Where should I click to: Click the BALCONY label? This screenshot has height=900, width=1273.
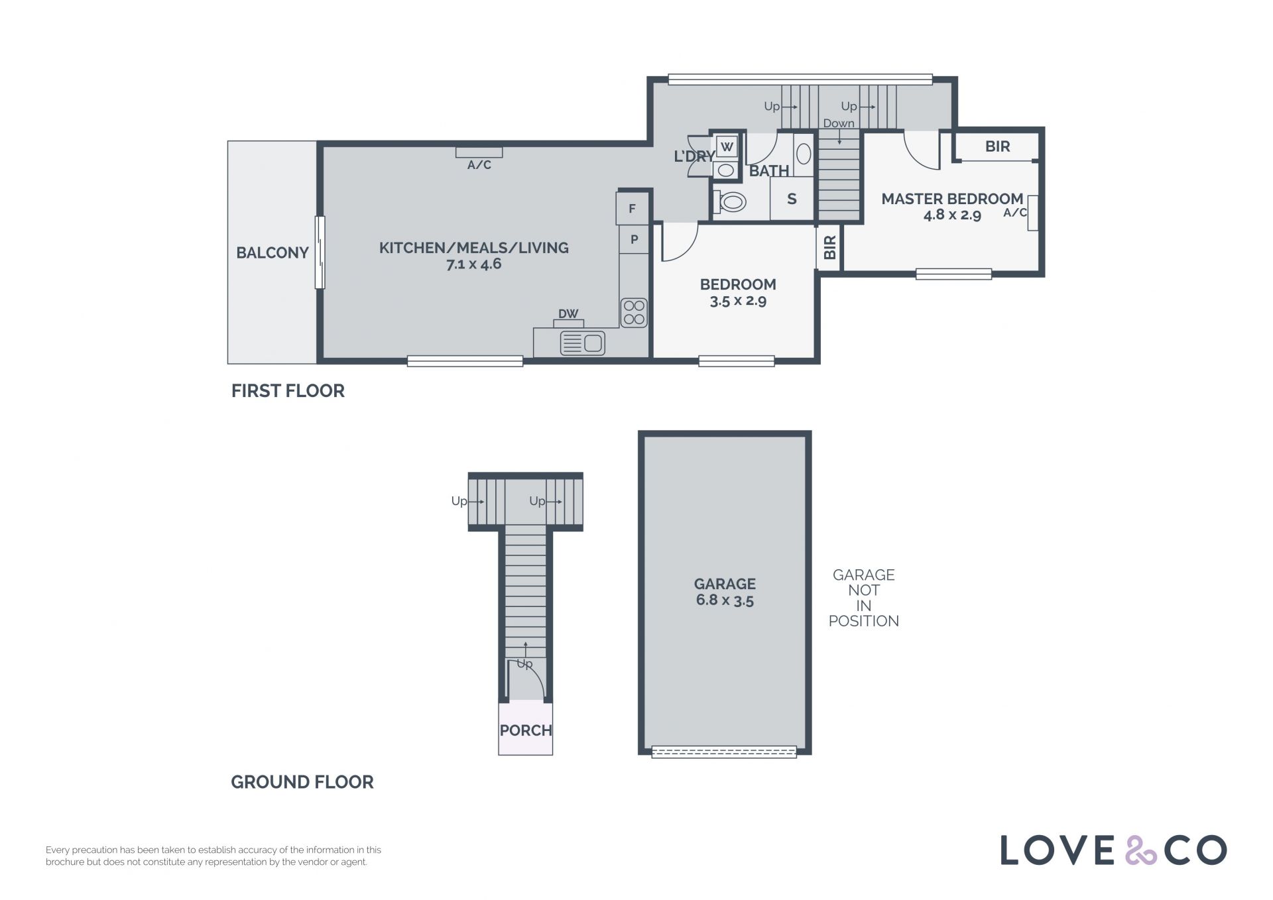tap(273, 253)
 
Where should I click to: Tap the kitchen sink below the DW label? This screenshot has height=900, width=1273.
tap(582, 343)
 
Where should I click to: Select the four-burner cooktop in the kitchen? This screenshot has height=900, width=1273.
tap(634, 312)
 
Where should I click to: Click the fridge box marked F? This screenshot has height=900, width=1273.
tap(632, 209)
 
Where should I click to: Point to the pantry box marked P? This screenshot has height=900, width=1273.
tap(634, 239)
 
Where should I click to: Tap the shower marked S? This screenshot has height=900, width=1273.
tap(792, 199)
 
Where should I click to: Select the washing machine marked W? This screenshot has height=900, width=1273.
tap(727, 146)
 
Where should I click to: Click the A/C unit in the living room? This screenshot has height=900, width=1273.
tap(479, 152)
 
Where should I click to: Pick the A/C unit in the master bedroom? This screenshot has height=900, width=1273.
tap(1032, 212)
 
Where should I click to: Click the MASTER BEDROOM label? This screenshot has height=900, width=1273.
tap(952, 199)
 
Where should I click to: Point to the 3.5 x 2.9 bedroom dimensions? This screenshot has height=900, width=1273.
tap(738, 301)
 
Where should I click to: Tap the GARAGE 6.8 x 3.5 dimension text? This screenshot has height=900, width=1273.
tap(725, 600)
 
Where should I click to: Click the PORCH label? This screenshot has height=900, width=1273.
tap(526, 730)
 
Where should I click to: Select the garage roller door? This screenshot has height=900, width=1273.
tap(724, 752)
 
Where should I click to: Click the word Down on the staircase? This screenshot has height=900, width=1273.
tap(839, 123)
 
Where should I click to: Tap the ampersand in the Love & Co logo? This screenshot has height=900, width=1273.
tap(1140, 850)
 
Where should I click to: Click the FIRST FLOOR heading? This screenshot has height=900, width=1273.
tap(288, 391)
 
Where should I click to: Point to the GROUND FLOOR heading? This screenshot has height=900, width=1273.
tap(302, 782)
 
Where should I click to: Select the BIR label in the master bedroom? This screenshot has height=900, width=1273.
tap(997, 146)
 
